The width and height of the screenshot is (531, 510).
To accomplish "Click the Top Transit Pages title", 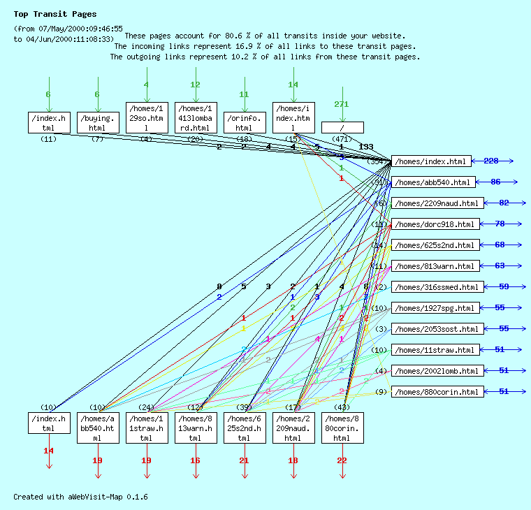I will tap(55, 14).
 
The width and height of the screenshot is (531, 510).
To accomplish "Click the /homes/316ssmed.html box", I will tap(436, 287).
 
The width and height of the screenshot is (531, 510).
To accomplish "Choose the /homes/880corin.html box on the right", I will tap(436, 392).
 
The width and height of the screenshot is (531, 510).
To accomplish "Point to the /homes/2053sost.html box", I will tap(436, 329).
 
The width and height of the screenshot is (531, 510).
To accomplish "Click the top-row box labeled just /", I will tap(342, 127).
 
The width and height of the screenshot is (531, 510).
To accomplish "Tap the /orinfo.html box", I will tap(245, 122).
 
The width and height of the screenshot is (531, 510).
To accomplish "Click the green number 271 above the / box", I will tap(342, 104).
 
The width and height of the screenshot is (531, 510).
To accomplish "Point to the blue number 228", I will tap(491, 161).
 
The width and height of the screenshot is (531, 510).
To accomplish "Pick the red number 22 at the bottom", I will tap(342, 460).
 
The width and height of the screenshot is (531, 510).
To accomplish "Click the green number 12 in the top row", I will tap(196, 85).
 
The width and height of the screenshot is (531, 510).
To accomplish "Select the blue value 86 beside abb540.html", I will tap(495, 182).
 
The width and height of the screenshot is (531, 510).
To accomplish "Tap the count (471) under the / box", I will tap(342, 139).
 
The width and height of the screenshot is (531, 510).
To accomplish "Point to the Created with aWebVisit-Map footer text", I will tap(80, 497).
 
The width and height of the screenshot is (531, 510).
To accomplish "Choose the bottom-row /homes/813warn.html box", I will tap(196, 428).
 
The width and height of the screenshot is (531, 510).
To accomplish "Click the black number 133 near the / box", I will tap(366, 147).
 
